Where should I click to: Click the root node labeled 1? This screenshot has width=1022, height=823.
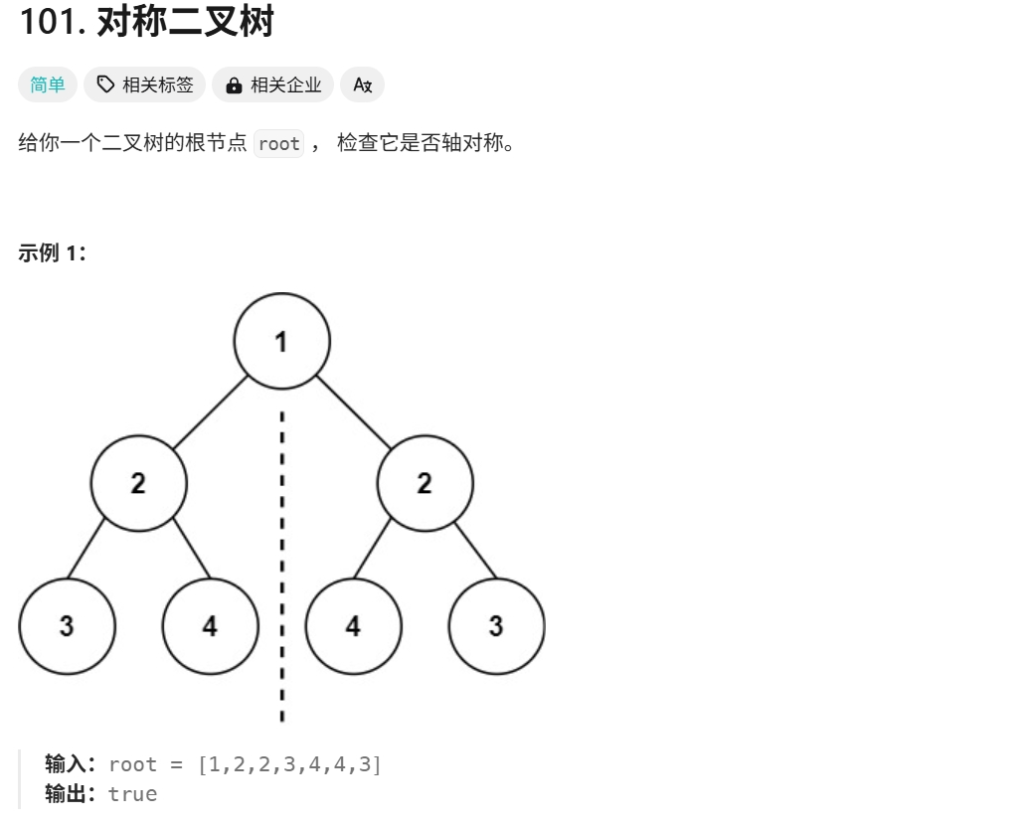[281, 341]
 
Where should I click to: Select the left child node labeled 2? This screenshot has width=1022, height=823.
[138, 484]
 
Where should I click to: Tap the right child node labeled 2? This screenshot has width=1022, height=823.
[425, 484]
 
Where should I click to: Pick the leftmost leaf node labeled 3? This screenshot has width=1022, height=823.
[67, 626]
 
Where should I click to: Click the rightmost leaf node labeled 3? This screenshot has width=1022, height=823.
[496, 626]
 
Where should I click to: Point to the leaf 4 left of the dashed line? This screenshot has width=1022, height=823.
[210, 626]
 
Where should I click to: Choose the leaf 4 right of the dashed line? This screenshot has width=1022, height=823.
[353, 626]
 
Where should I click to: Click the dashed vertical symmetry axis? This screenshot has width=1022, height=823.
[282, 557]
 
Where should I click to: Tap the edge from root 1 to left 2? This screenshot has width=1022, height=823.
[210, 411]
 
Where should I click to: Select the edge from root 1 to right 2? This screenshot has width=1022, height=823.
[353, 411]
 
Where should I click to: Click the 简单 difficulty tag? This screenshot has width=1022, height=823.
[47, 85]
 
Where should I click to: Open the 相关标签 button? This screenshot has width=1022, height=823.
[145, 85]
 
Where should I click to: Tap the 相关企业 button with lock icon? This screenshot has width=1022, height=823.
[273, 85]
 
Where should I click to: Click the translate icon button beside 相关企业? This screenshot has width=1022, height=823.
[362, 85]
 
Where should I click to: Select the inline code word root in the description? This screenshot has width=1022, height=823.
[278, 144]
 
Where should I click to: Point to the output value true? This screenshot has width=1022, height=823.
[132, 793]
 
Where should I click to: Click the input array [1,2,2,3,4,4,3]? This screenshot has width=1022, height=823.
[289, 764]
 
